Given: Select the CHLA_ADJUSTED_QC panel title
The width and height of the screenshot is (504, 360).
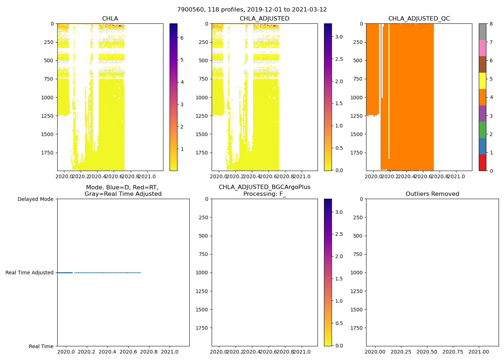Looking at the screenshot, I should tap(419, 19).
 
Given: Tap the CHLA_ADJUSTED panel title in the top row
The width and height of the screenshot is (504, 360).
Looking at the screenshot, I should tap(265, 19).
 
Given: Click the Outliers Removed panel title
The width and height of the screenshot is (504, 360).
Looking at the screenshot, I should tap(432, 194).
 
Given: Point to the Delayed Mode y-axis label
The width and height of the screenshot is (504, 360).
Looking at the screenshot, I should tap(35, 199).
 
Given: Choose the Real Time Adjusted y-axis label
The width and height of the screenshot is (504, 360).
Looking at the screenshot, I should tap(30, 273).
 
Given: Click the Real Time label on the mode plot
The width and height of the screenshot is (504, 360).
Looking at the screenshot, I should tap(41, 346).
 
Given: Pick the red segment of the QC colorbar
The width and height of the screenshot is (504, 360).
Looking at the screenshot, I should tap(482, 163).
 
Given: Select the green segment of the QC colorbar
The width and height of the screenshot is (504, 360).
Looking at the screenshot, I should tap(482, 130).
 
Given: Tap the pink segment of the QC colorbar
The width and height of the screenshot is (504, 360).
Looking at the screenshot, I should tap(482, 48).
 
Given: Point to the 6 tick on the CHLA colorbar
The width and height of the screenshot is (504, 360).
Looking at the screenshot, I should tap(182, 37).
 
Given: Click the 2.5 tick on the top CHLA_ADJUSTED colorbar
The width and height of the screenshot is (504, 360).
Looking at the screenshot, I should tap(339, 59).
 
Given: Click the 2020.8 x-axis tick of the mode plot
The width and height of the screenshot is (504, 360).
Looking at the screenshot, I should tap(149, 352).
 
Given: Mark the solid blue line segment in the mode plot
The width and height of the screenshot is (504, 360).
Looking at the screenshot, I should tap(65, 273).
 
